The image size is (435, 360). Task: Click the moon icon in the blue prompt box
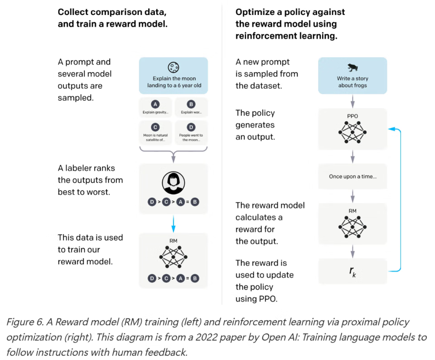click(173, 68)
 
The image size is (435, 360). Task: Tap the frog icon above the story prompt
click(352, 68)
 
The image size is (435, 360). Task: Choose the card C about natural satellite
click(155, 131)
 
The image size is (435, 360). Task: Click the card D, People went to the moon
click(191, 131)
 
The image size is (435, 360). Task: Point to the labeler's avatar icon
click(173, 183)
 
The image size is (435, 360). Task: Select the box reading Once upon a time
click(353, 176)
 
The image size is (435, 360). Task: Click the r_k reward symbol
click(352, 271)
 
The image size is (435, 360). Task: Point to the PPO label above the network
click(352, 116)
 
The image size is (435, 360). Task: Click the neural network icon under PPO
click(352, 132)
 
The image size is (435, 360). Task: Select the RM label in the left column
click(173, 242)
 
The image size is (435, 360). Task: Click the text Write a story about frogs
click(352, 82)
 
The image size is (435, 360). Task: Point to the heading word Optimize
click(255, 12)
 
